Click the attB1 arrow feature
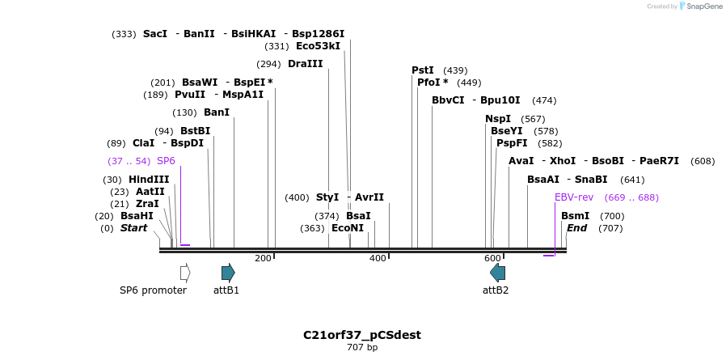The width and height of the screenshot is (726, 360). [x=228, y=273]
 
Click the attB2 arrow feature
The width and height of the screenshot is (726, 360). [x=497, y=273]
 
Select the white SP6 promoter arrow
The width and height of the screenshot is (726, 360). [x=185, y=273]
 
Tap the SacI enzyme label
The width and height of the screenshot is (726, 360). [x=154, y=34]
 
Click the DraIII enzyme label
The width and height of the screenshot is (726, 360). [x=305, y=64]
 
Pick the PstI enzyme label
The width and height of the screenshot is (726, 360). [x=423, y=70]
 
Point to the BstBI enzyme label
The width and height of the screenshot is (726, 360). [x=195, y=131]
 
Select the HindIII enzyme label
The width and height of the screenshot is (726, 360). [x=149, y=180]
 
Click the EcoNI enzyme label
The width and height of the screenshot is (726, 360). [x=348, y=228]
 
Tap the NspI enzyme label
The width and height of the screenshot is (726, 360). [x=498, y=119]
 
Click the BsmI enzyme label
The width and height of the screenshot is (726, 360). [x=575, y=216]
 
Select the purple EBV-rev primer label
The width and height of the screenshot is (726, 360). [x=574, y=197]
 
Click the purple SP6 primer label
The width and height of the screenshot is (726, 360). [x=166, y=161]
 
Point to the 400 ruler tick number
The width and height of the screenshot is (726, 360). [x=378, y=258]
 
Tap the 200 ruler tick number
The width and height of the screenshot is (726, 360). [x=263, y=258]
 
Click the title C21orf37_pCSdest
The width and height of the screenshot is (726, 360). [x=362, y=335]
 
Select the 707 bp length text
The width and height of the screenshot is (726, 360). [x=362, y=348]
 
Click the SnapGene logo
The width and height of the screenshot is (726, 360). [x=700, y=6]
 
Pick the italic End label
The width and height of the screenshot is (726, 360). [x=576, y=228]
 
